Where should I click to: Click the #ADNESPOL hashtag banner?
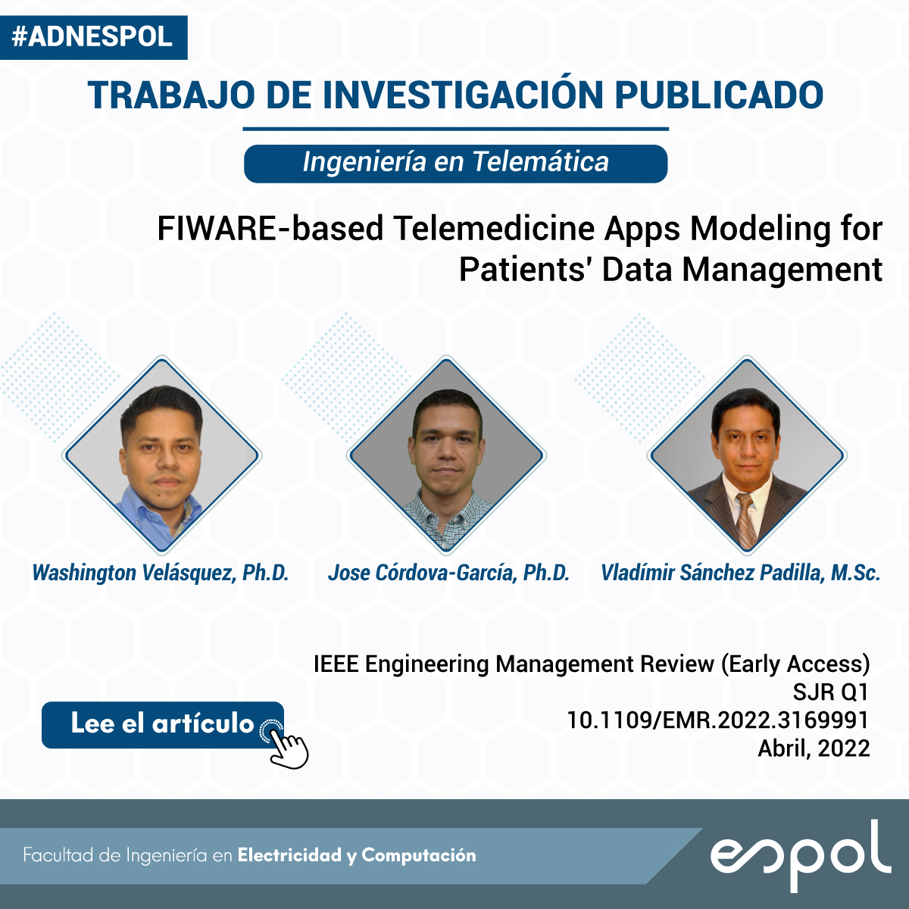93,37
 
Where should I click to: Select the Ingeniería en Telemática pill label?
456,163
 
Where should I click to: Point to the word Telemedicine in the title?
495,229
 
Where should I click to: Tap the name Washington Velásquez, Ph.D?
161,573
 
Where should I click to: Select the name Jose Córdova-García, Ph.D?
448,573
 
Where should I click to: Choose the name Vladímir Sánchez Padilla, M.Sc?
741,573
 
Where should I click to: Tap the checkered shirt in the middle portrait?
445,519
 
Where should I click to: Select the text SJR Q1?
831,692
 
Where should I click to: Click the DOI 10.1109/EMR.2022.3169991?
718,720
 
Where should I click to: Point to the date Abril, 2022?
814,748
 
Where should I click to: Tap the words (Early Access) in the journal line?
795,665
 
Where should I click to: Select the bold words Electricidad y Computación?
357,855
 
